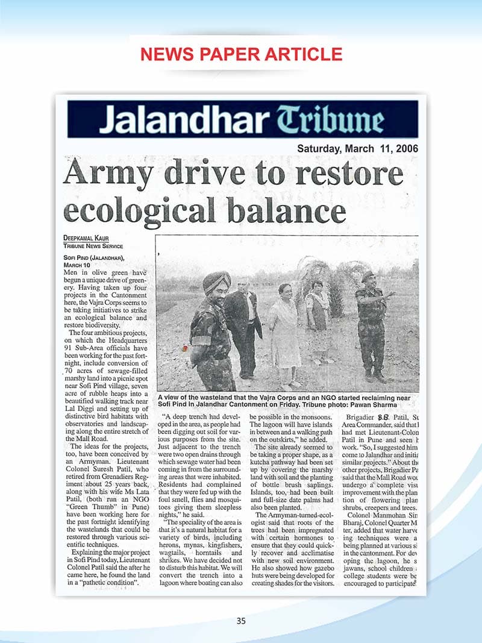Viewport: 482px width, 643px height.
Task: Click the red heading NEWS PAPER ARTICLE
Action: [x=241, y=54]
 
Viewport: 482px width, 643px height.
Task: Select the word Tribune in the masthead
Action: [x=325, y=121]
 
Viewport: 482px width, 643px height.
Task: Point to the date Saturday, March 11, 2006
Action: [x=358, y=149]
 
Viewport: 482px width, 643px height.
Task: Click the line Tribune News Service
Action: [x=93, y=246]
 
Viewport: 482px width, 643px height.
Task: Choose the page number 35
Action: [x=241, y=621]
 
